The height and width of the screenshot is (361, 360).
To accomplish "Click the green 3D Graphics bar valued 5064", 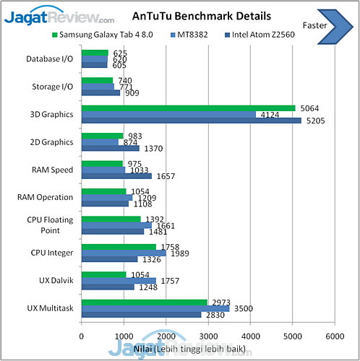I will click(188, 108).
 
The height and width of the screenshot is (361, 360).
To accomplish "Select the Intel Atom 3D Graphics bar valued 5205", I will click(191, 121).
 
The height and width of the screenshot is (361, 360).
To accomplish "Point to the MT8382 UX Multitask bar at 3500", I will click(155, 308).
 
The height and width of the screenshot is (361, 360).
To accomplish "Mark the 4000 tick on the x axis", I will click(250, 336).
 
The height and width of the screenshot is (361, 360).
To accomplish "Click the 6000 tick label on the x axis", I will click(334, 336).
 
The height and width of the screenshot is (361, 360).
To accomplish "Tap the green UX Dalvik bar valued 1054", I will click(103, 274).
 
